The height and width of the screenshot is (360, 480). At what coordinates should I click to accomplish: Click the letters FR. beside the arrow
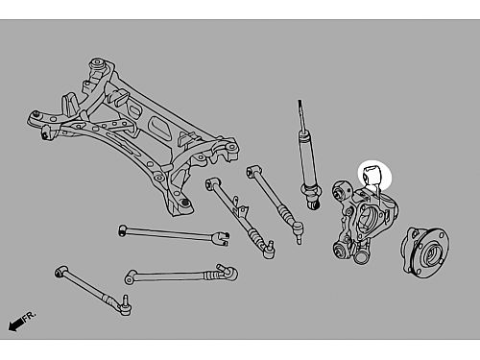point(30,316)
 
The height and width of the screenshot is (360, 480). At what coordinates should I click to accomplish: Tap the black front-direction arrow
point(15,324)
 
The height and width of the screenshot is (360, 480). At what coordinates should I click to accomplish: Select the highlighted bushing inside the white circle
point(372,175)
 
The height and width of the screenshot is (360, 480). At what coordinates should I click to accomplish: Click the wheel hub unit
point(425,252)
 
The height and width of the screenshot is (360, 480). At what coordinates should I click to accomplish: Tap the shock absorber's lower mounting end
point(314,203)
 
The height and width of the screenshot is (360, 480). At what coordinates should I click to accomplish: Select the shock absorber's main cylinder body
point(308,160)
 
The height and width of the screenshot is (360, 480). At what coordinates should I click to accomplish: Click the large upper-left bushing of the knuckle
point(341,190)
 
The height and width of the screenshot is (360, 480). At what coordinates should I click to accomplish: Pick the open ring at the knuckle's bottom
point(361,257)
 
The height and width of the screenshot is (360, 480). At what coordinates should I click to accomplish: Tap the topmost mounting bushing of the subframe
point(98,64)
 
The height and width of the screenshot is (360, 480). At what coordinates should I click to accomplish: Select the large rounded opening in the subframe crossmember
point(160,127)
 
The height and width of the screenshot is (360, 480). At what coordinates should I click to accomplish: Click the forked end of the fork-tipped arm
point(222,238)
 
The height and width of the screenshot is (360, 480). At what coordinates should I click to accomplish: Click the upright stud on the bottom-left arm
point(126,300)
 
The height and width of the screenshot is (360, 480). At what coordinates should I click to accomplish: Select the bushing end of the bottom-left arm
point(60,273)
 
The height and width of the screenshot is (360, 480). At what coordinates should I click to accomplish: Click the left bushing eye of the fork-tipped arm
point(122,230)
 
